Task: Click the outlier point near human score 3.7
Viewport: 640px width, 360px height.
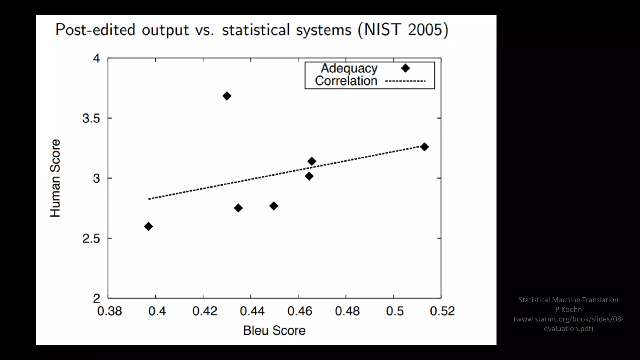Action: point(227,96)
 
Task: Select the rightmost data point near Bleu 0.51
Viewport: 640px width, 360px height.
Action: point(424,147)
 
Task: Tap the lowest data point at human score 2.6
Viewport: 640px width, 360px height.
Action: point(148,226)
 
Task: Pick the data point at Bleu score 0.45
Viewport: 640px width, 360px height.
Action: point(273,206)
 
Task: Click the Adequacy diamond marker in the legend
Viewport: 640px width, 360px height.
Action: point(405,68)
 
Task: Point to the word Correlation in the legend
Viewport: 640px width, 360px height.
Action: point(346,81)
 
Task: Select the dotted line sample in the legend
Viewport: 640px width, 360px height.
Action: point(405,81)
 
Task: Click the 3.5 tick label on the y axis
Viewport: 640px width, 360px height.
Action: point(91,118)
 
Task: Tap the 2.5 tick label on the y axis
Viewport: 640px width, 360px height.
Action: point(91,238)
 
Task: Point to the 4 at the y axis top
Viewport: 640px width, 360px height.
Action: point(96,58)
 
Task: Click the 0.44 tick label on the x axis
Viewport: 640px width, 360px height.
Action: point(252,311)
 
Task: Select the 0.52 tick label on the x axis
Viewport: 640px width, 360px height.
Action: point(442,311)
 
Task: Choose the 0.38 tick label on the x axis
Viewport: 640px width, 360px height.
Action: point(109,311)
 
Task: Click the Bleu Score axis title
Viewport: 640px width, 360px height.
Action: point(274,330)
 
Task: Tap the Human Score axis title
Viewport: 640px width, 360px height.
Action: point(55,178)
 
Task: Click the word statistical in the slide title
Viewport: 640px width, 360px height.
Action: point(256,30)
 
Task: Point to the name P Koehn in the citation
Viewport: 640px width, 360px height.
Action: point(568,309)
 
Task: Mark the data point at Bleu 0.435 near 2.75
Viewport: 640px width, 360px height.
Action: point(238,208)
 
